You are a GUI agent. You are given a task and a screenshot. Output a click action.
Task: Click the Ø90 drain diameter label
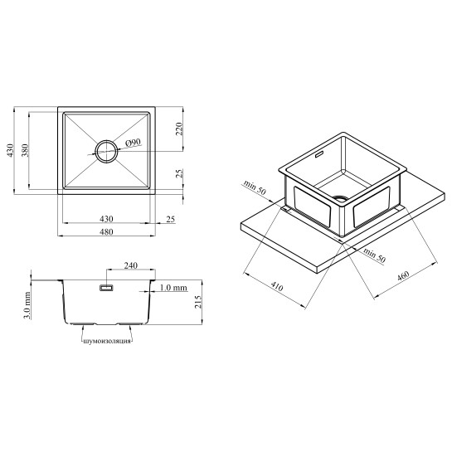click(134, 143)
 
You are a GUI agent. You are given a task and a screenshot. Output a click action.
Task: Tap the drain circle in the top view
click(107, 141)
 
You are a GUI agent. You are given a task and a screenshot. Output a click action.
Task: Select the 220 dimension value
click(179, 129)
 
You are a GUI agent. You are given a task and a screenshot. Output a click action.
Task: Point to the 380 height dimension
click(25, 150)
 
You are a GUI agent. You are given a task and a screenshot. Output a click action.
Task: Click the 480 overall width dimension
click(106, 231)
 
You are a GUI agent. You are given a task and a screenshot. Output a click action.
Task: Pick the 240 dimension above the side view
click(130, 265)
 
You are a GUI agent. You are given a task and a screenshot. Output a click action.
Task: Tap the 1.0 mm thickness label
click(173, 288)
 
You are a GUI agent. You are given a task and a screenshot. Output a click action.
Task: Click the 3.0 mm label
click(27, 305)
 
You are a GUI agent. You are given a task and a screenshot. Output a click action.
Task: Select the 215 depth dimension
click(198, 302)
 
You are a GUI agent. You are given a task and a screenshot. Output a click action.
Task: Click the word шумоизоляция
click(107, 342)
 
